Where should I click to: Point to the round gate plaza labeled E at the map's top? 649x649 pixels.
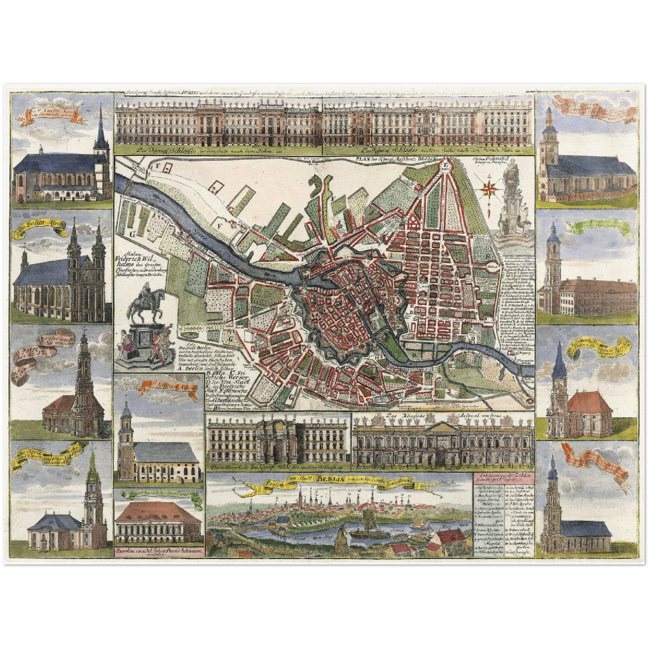(x=445, y=165)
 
